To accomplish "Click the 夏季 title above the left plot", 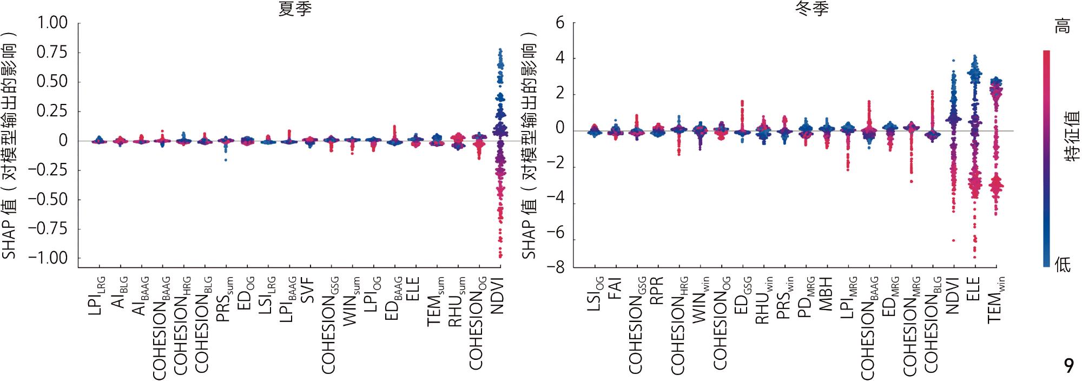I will (x=295, y=9).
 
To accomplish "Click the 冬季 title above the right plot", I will (x=813, y=9).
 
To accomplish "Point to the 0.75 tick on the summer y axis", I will (x=52, y=52).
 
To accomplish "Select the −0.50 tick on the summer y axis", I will (x=48, y=200).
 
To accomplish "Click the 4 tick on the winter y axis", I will (x=560, y=58).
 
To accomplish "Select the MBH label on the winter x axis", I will (x=826, y=294).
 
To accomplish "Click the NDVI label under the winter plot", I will (x=953, y=295).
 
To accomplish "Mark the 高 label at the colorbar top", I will (x=1063, y=26).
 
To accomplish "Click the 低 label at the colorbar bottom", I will (x=1063, y=265).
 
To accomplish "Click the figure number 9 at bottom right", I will (x=1068, y=366).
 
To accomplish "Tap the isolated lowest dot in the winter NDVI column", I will (x=953, y=240).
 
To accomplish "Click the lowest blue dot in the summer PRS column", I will (x=226, y=160).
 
